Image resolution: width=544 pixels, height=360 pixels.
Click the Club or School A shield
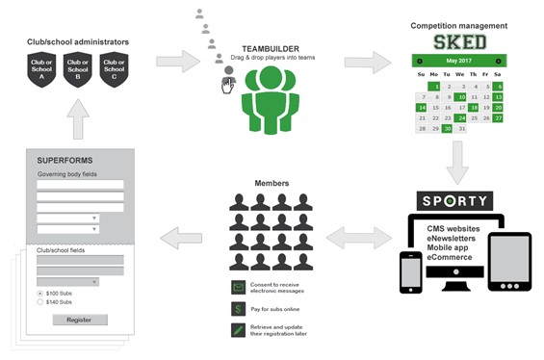coord(39,69)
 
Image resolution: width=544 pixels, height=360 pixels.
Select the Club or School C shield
coord(114,69)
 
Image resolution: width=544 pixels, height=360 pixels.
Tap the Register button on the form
coord(79,320)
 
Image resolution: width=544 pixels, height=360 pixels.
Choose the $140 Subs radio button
coord(39,302)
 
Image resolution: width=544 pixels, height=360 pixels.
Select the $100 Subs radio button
coord(39,293)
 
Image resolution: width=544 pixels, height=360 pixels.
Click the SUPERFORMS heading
coord(65,159)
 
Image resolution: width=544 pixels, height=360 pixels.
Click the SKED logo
coord(459,42)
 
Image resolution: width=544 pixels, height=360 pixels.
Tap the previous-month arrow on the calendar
coord(420,61)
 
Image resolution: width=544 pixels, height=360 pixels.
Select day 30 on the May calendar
coord(447,129)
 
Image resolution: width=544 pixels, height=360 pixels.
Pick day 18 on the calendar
coord(473,108)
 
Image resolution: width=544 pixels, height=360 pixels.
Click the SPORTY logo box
coord(455,202)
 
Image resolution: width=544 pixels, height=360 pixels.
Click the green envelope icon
coord(237,288)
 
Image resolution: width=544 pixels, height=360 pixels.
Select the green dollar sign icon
coord(237,309)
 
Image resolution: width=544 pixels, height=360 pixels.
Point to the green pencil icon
coord(237,330)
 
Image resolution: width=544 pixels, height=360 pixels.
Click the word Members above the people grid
coord(271,183)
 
